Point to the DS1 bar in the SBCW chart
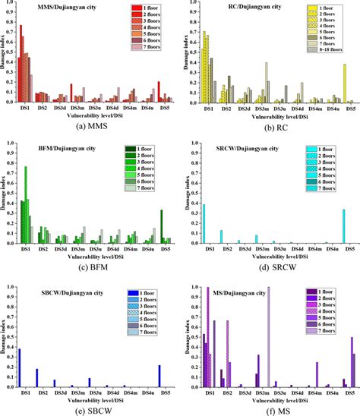click(19, 367)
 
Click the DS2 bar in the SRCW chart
click(221, 236)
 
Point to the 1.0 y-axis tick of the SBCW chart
click(7, 288)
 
